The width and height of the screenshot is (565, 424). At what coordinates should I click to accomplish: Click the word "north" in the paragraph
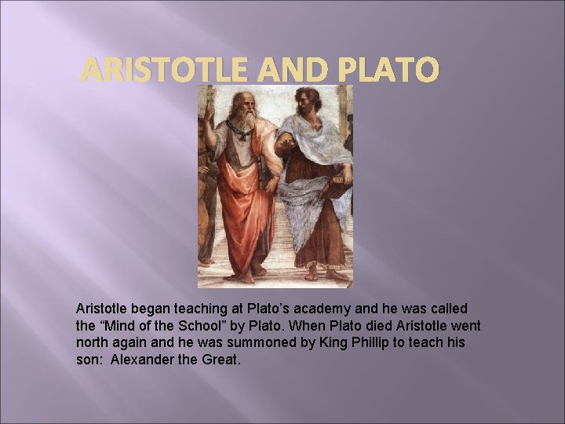(93, 343)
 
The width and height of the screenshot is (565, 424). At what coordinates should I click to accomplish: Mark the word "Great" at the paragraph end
(219, 360)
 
